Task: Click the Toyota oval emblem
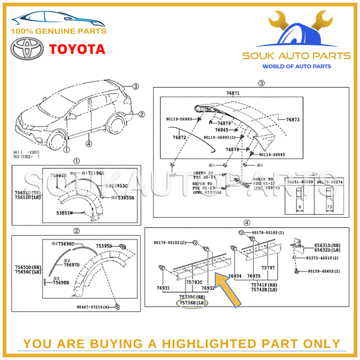pos(26,49)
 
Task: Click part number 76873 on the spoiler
pos(293,120)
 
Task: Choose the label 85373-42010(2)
pos(324,258)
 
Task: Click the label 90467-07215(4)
pos(93,308)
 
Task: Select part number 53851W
pos(64,212)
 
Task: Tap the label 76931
pos(163,288)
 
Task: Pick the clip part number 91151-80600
pos(298,182)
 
